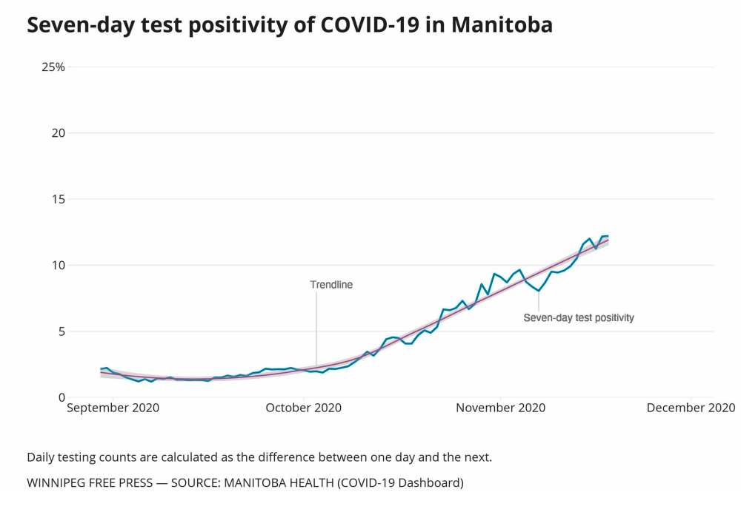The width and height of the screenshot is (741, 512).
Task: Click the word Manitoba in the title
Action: click(x=502, y=24)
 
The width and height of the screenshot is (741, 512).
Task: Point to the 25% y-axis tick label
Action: click(x=53, y=67)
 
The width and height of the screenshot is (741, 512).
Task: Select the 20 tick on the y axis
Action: click(x=58, y=133)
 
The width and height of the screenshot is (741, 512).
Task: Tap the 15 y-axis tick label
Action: click(x=58, y=199)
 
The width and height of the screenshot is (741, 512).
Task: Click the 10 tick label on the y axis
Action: click(x=58, y=265)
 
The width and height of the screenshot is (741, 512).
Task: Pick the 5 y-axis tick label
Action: click(x=61, y=331)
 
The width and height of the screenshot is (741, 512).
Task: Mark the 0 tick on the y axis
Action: click(x=61, y=397)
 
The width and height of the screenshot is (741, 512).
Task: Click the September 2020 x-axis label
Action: click(x=113, y=408)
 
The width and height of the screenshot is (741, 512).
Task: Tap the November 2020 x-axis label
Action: click(x=501, y=408)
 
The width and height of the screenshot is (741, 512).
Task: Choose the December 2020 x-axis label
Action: click(x=691, y=408)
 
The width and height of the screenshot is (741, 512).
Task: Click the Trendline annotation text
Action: click(x=331, y=284)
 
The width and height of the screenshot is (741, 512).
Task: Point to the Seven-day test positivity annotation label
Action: click(x=579, y=317)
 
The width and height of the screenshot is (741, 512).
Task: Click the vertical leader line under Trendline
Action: click(x=316, y=326)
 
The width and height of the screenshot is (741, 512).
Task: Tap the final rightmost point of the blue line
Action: click(x=608, y=236)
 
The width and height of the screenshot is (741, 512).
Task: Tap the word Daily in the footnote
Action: click(x=40, y=457)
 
